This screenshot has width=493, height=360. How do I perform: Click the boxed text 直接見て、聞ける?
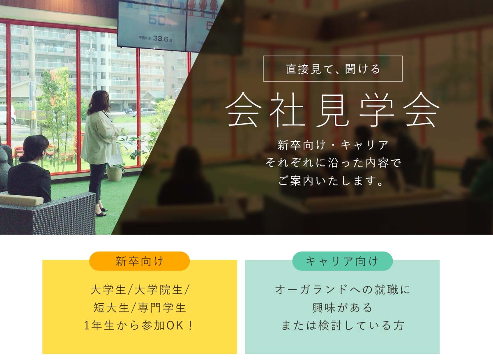point(333,69)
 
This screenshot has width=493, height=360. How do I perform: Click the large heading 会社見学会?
point(332,110)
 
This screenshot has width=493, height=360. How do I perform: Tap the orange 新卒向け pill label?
point(140,261)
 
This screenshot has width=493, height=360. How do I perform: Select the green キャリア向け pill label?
point(343,261)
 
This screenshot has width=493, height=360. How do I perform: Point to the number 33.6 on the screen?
point(161,39)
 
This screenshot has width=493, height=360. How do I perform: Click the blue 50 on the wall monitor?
point(157,20)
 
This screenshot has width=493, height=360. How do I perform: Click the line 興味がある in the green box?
point(342,307)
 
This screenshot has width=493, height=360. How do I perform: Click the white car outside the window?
point(7,115)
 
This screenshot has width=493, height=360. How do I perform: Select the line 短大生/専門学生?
point(140,307)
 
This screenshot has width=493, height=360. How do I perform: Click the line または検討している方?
point(343,325)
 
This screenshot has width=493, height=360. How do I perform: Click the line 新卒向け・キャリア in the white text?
point(333,145)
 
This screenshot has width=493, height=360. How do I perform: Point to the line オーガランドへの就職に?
point(343,289)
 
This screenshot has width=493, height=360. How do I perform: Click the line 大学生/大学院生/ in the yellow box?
point(140,289)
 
